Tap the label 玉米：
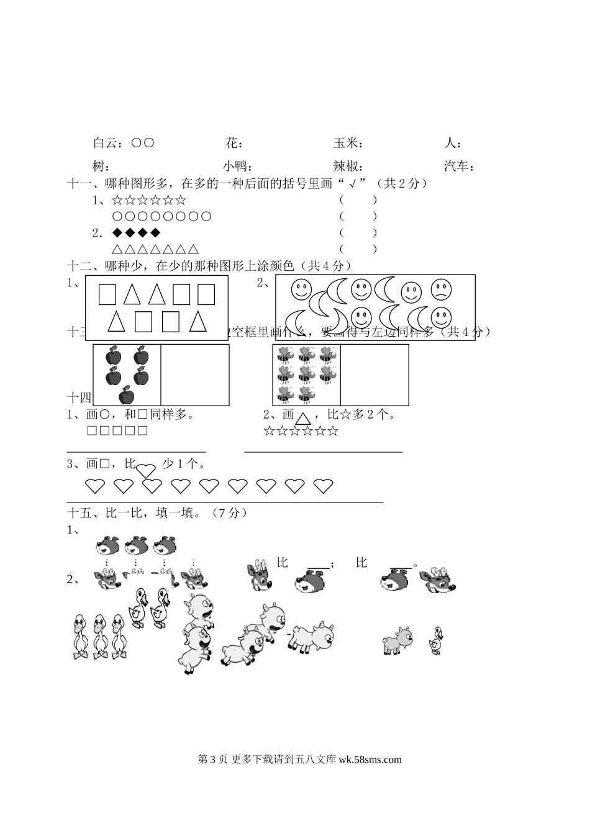[348, 143]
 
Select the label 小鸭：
[236, 166]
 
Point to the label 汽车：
[460, 166]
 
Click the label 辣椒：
[348, 166]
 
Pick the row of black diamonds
[136, 233]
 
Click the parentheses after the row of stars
[358, 200]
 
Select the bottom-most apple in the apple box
[127, 395]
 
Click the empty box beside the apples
[194, 375]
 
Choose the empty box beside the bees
[374, 375]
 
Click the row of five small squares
[117, 431]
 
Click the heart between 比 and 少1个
[145, 470]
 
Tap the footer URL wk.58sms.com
[370, 759]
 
